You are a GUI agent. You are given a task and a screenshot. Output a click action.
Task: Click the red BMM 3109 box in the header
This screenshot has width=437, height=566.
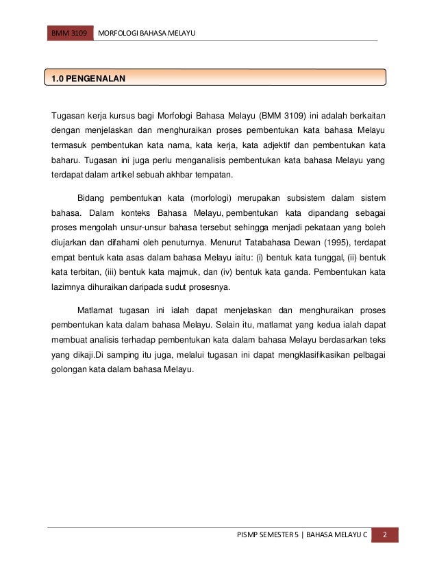[70, 33]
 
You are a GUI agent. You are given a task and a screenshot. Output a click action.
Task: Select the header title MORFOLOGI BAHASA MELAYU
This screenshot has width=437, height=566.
[147, 33]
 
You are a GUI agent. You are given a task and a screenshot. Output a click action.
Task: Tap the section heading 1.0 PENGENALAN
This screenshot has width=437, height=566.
[85, 79]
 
